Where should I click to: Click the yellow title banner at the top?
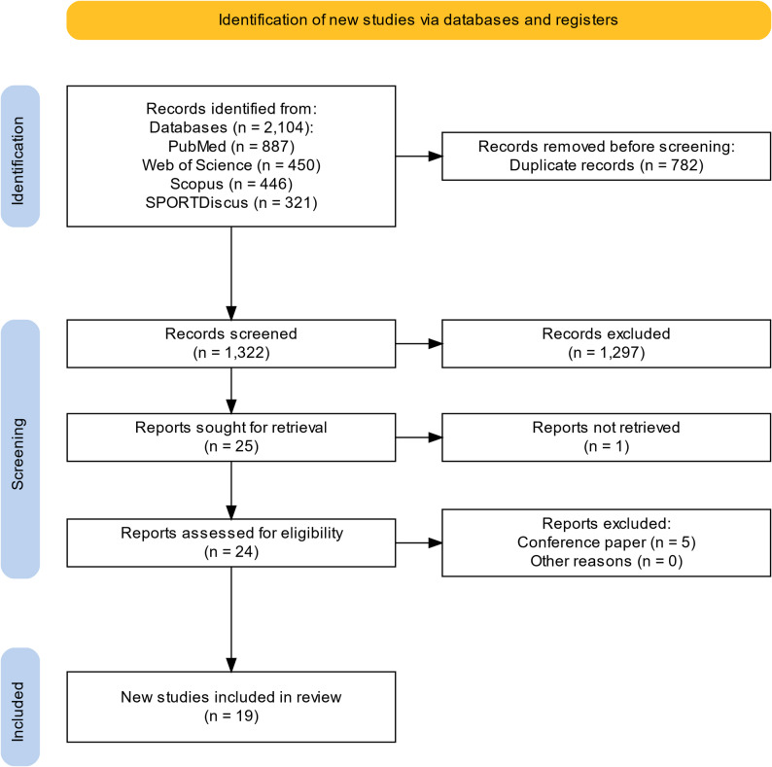[418, 20]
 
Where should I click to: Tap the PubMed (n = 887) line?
[231, 146]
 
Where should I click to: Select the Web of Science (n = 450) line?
[231, 165]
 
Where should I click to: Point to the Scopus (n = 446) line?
[231, 184]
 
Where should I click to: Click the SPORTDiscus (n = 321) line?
[231, 202]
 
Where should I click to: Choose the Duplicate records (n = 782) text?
[606, 165]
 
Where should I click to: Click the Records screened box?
[230, 343]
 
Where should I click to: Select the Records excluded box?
[606, 343]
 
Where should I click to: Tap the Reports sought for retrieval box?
[230, 437]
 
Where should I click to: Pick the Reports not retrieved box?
[606, 437]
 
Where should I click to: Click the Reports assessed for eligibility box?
[230, 542]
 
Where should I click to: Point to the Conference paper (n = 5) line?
[606, 542]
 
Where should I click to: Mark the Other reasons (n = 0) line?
[606, 561]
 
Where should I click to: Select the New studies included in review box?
[230, 707]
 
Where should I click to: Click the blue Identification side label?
[20, 157]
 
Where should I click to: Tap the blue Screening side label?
[20, 449]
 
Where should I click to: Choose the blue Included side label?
[20, 707]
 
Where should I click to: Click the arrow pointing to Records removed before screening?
[419, 157]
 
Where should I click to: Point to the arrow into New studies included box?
[230, 619]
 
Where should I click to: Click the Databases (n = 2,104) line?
[231, 127]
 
